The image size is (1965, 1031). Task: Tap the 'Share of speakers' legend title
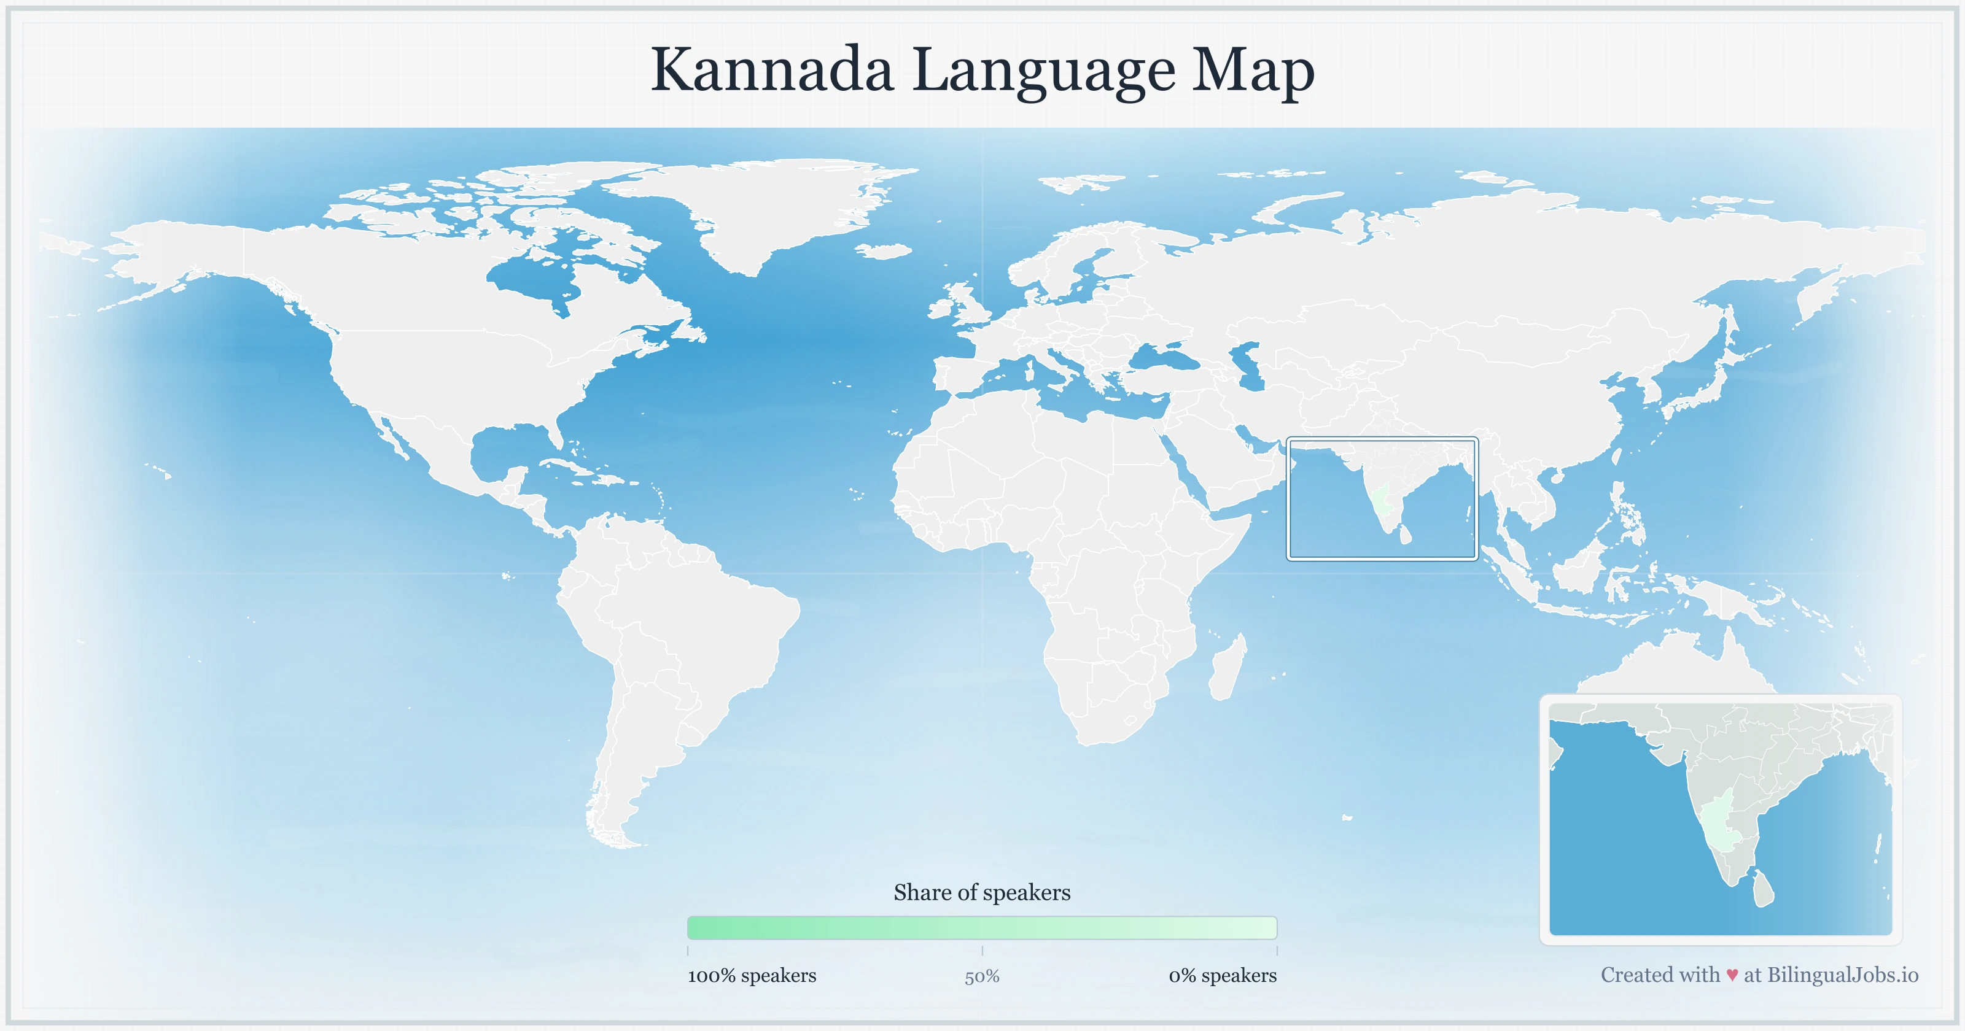pos(982,892)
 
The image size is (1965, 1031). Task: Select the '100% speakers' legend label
pos(752,975)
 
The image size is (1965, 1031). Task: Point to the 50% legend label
pos(982,977)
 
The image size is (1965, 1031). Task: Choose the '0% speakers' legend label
pos(1222,975)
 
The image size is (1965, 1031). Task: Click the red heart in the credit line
pos(1732,975)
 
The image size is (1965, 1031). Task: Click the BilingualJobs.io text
pos(1842,975)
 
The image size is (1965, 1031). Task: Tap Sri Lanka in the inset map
pos(1763,889)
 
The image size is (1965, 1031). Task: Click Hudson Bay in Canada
pos(534,279)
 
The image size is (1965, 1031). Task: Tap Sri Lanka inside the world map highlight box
pos(1405,533)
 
